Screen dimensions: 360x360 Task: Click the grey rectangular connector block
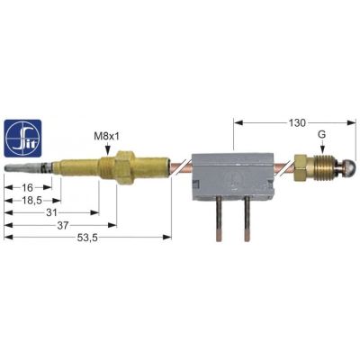[231, 172]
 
